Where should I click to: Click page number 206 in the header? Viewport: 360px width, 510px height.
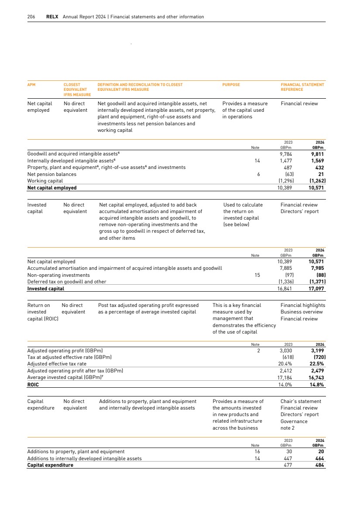(x=31, y=17)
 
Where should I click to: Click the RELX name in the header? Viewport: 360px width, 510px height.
(x=52, y=17)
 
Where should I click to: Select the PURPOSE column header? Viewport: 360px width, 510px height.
(x=231, y=85)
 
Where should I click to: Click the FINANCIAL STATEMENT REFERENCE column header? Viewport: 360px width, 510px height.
(x=302, y=87)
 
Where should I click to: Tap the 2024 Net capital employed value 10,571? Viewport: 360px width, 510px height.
(x=317, y=188)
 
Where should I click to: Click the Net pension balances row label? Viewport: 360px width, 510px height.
(x=51, y=174)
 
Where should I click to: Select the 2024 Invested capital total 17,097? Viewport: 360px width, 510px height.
(x=317, y=289)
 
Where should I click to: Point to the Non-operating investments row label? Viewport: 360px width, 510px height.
(x=58, y=275)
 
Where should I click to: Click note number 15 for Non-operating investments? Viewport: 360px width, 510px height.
(x=257, y=275)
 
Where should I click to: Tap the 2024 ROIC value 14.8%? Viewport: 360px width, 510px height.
(x=317, y=385)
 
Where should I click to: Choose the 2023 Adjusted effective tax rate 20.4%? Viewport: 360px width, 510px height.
(x=285, y=364)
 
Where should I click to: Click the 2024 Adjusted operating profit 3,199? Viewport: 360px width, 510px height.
(x=317, y=351)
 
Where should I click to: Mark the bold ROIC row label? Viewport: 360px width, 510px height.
(x=33, y=385)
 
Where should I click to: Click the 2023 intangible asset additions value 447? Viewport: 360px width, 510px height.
(x=288, y=458)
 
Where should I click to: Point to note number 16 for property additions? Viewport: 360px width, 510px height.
(x=257, y=451)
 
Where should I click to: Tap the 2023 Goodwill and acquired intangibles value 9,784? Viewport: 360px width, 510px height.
(x=286, y=154)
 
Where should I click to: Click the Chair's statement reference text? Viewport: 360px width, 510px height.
(x=301, y=401)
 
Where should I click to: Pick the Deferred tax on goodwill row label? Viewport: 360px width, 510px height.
(x=67, y=282)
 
